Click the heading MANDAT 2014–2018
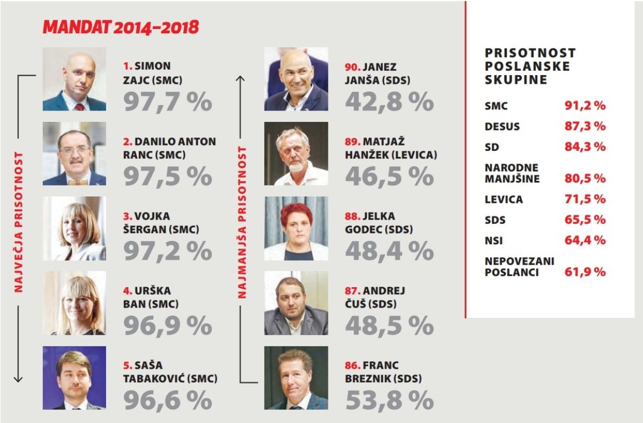tap(121, 27)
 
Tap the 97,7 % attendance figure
tap(168, 101)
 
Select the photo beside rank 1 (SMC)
tap(74, 79)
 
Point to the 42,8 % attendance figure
tap(389, 101)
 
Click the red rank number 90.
tap(352, 67)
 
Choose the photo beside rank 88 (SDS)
tap(296, 228)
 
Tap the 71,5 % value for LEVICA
tap(585, 199)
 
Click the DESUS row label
tap(502, 127)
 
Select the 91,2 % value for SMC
tap(585, 105)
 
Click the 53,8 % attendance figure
tap(389, 400)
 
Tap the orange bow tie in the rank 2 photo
tap(74, 181)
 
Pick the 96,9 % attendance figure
tap(168, 325)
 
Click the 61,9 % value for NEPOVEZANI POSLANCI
tap(585, 272)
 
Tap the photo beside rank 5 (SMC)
tap(74, 377)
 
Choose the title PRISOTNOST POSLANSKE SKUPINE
tap(530, 67)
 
